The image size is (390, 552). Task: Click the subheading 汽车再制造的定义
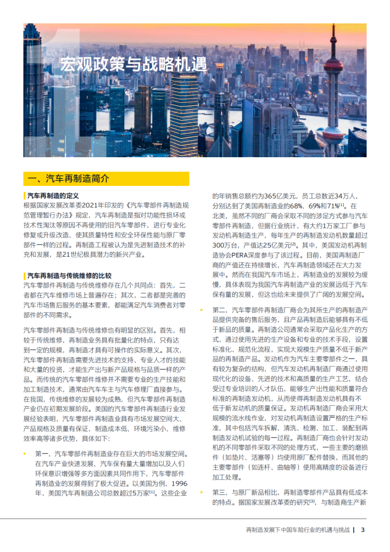(x=53, y=196)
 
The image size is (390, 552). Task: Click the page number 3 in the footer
(x=363, y=530)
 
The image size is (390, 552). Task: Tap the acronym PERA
(x=250, y=255)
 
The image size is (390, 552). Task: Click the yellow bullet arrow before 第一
(x=25, y=454)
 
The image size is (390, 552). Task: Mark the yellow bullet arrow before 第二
(x=202, y=310)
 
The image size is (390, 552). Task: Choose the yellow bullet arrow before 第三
(x=202, y=492)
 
